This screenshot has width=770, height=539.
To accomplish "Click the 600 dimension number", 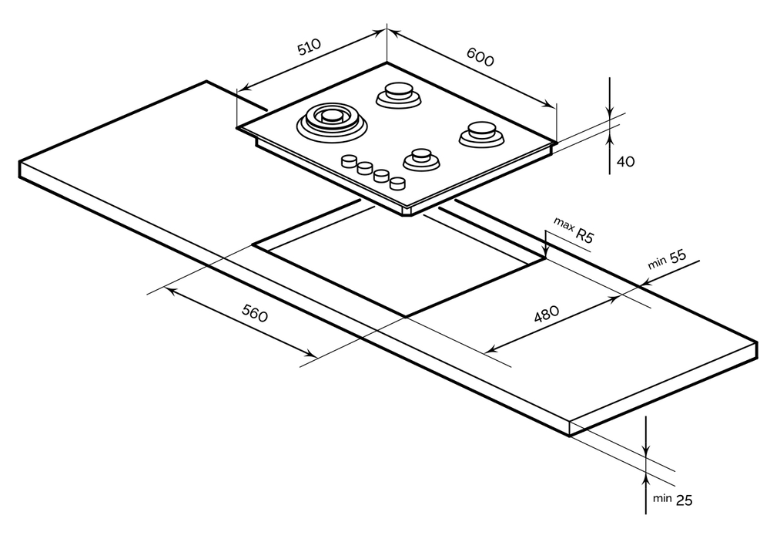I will click(479, 56).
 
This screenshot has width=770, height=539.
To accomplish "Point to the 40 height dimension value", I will click(625, 162).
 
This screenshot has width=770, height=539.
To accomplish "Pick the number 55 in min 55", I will click(678, 258).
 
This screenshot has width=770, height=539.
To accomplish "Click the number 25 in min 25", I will click(684, 500).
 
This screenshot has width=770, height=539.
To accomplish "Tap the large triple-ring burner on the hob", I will click(330, 119).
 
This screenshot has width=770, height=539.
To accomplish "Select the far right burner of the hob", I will click(482, 133).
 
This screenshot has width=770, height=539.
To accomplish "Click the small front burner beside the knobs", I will click(420, 158).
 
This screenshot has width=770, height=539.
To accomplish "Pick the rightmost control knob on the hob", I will click(397, 183).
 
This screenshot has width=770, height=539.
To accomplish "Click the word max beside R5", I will click(563, 224).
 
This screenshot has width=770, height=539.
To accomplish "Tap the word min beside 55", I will click(657, 263).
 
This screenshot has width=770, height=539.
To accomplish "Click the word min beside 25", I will click(662, 497).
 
